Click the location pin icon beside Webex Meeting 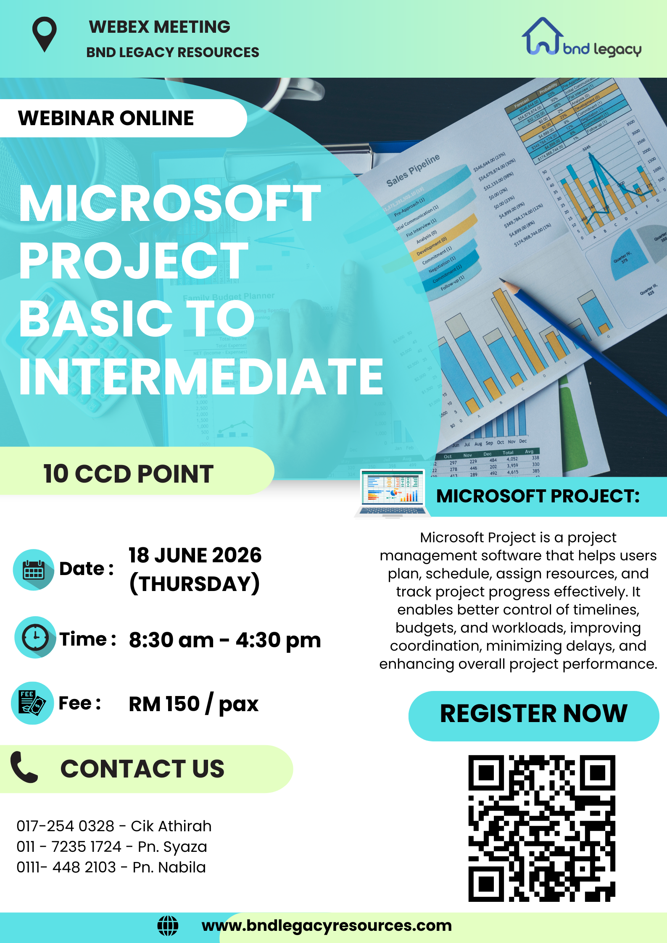pyautogui.click(x=44, y=34)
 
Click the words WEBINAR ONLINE pyautogui.click(x=106, y=118)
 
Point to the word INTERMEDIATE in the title pyautogui.click(x=201, y=377)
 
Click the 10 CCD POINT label pyautogui.click(x=128, y=474)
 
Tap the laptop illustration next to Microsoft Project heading pyautogui.click(x=392, y=494)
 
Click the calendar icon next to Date pyautogui.click(x=34, y=570)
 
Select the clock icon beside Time pyautogui.click(x=35, y=637)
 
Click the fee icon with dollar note pyautogui.click(x=32, y=703)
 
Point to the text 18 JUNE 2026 pyautogui.click(x=195, y=555)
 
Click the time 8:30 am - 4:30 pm pyautogui.click(x=225, y=640)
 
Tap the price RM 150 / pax pyautogui.click(x=193, y=704)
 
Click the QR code pyautogui.click(x=542, y=828)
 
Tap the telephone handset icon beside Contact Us pyautogui.click(x=24, y=767)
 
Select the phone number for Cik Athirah pyautogui.click(x=65, y=826)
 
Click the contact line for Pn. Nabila pyautogui.click(x=111, y=867)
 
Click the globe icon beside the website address pyautogui.click(x=168, y=925)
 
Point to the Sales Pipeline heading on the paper pyautogui.click(x=413, y=171)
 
